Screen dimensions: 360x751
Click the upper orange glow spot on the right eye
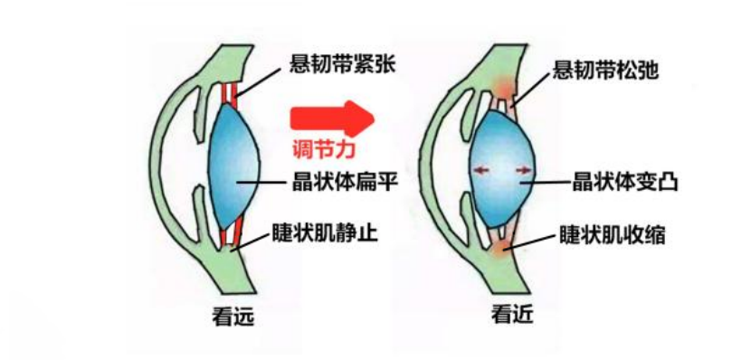(x=502, y=87)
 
